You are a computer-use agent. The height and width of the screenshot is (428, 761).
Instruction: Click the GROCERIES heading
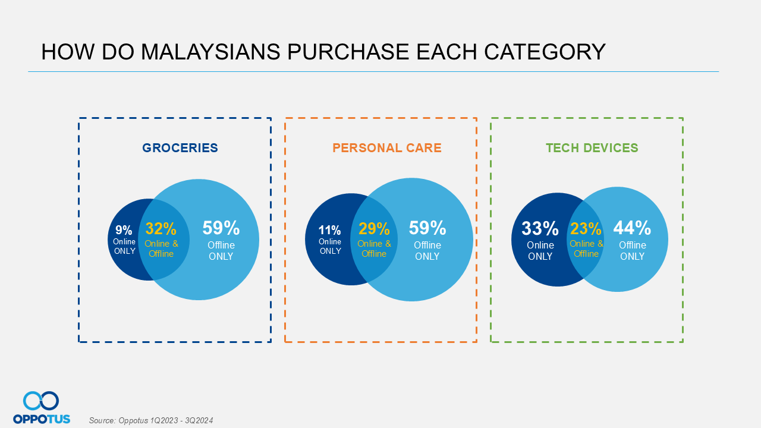tap(180, 148)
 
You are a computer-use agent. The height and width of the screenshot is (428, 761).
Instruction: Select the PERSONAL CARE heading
tap(387, 148)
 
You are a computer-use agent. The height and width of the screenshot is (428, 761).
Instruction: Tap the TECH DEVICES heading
tap(592, 148)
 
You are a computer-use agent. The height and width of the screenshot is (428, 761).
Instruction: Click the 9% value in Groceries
tap(124, 230)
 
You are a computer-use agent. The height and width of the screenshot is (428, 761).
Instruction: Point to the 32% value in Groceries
tap(161, 228)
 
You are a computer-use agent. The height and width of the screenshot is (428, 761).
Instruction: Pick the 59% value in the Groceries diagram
tap(221, 228)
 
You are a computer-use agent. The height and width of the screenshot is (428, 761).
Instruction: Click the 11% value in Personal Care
tap(329, 230)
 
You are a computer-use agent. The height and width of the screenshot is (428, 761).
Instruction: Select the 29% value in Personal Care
tap(374, 228)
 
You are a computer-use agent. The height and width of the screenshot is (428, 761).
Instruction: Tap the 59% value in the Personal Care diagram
tap(427, 228)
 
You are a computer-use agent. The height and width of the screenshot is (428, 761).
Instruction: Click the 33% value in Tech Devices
tap(540, 228)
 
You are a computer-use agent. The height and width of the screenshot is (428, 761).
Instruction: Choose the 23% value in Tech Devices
tap(586, 229)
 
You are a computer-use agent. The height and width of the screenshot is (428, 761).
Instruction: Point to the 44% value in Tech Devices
tap(632, 228)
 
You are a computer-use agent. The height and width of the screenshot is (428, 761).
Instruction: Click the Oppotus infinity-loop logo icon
tap(41, 401)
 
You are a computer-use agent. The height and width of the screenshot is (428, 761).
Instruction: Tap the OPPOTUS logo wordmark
tap(42, 418)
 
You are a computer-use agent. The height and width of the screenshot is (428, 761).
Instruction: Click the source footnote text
tap(151, 420)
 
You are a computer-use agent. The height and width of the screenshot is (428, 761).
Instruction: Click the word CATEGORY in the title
tap(545, 52)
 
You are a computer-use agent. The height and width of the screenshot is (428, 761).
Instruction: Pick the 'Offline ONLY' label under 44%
tap(632, 251)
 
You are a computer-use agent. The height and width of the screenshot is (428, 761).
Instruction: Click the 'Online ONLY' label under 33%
tap(540, 251)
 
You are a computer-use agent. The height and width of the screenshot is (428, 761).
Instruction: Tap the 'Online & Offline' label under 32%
tap(161, 248)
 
